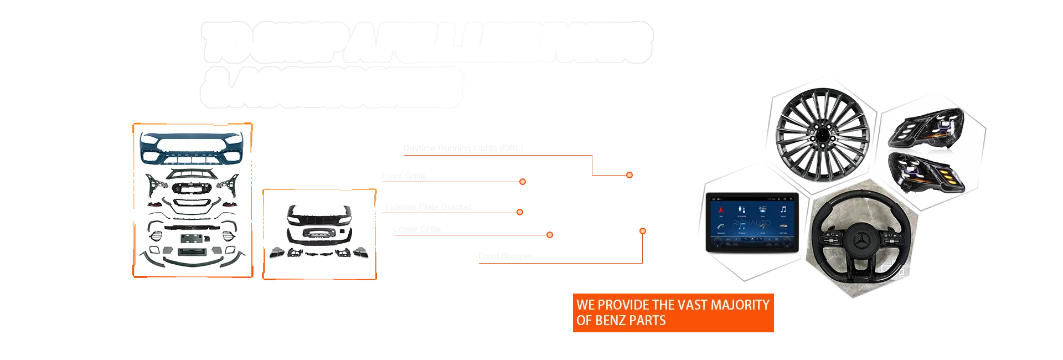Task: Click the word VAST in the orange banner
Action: click(688, 305)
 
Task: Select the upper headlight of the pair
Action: click(926, 128)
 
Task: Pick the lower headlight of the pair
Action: click(926, 172)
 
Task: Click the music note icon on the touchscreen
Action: click(783, 209)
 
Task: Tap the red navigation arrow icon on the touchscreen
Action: click(721, 209)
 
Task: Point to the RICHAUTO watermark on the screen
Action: click(751, 223)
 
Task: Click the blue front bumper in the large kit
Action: click(192, 148)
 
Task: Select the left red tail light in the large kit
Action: click(155, 204)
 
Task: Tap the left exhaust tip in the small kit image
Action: click(277, 254)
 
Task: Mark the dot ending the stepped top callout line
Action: click(629, 175)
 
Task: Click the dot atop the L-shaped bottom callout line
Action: click(642, 230)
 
